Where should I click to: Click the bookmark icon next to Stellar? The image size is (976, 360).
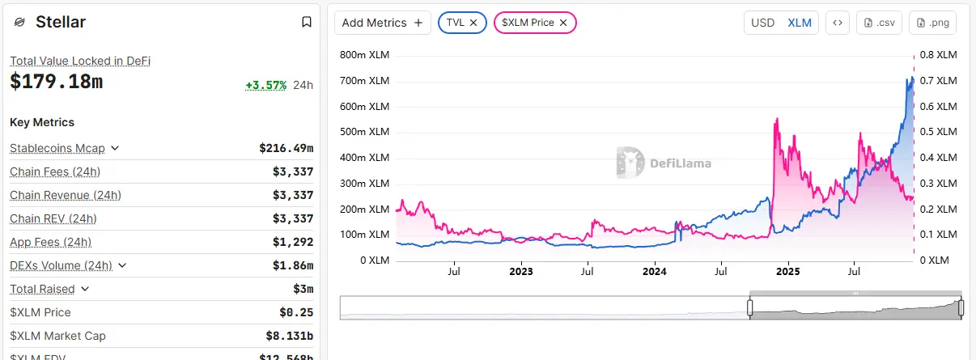click(307, 23)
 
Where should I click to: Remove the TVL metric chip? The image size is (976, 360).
click(473, 23)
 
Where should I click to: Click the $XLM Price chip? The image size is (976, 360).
click(528, 23)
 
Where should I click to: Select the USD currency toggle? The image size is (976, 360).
click(762, 23)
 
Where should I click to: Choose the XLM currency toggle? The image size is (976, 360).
click(800, 23)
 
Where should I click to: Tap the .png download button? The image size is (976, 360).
click(932, 23)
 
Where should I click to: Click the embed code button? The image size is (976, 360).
click(838, 23)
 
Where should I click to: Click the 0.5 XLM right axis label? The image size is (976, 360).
click(937, 132)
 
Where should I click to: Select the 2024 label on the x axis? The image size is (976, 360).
click(654, 273)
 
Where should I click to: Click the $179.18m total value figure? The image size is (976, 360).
click(56, 82)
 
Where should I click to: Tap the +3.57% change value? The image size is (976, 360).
click(266, 85)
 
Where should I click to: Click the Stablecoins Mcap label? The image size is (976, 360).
click(57, 148)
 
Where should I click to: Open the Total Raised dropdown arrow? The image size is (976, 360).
click(85, 289)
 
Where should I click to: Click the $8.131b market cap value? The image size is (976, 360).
click(289, 336)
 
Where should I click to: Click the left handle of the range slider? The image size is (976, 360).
click(749, 307)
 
